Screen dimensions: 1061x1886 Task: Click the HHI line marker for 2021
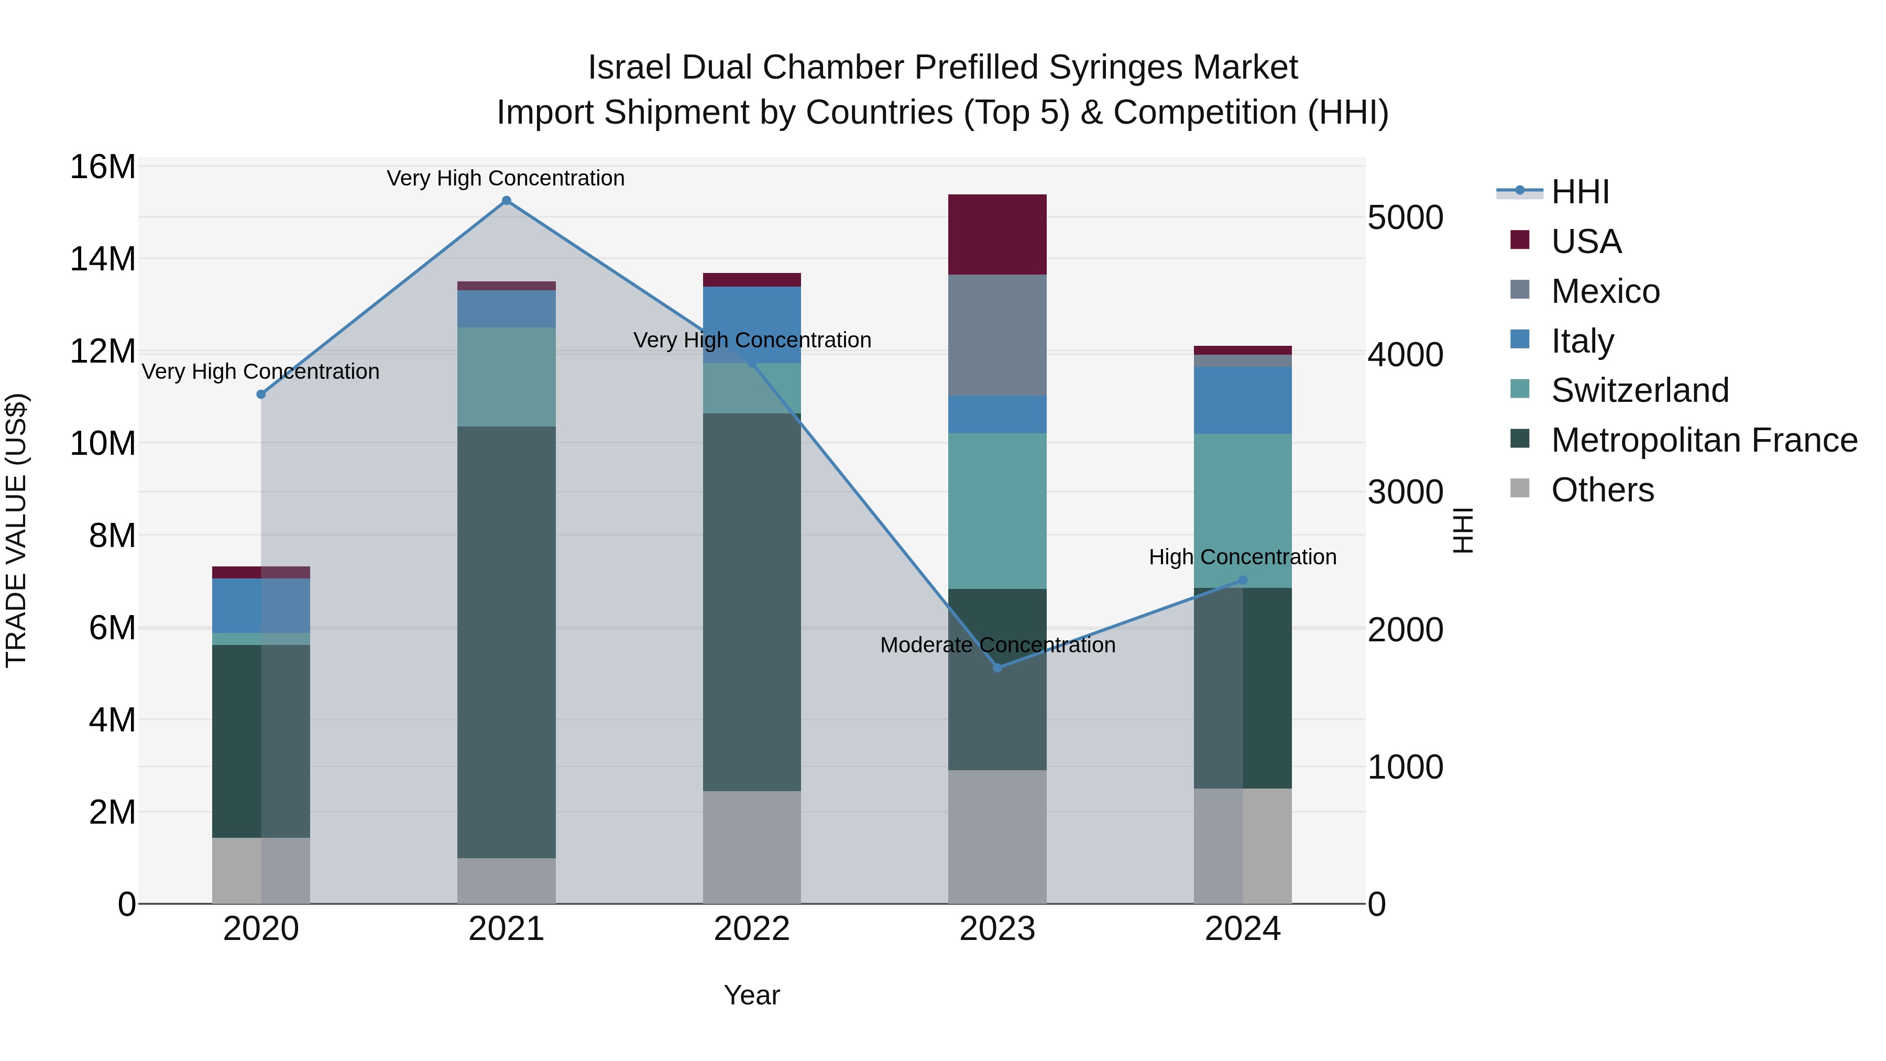(x=506, y=201)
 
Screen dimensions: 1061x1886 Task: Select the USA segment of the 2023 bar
(x=997, y=234)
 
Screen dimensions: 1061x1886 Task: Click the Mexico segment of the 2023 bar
(x=997, y=335)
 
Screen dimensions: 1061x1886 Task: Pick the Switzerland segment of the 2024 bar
(x=1243, y=510)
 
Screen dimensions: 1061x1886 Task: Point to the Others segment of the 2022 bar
(x=751, y=847)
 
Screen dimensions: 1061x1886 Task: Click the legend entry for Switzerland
(x=1639, y=390)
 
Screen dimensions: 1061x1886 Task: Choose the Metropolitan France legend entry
(x=1704, y=440)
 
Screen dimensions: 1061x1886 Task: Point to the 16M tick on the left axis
(x=103, y=167)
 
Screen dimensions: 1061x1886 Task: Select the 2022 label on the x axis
(x=751, y=929)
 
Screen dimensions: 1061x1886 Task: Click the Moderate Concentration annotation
(x=997, y=645)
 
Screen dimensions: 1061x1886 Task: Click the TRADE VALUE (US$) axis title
(x=16, y=530)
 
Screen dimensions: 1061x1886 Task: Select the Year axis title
(x=751, y=995)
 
